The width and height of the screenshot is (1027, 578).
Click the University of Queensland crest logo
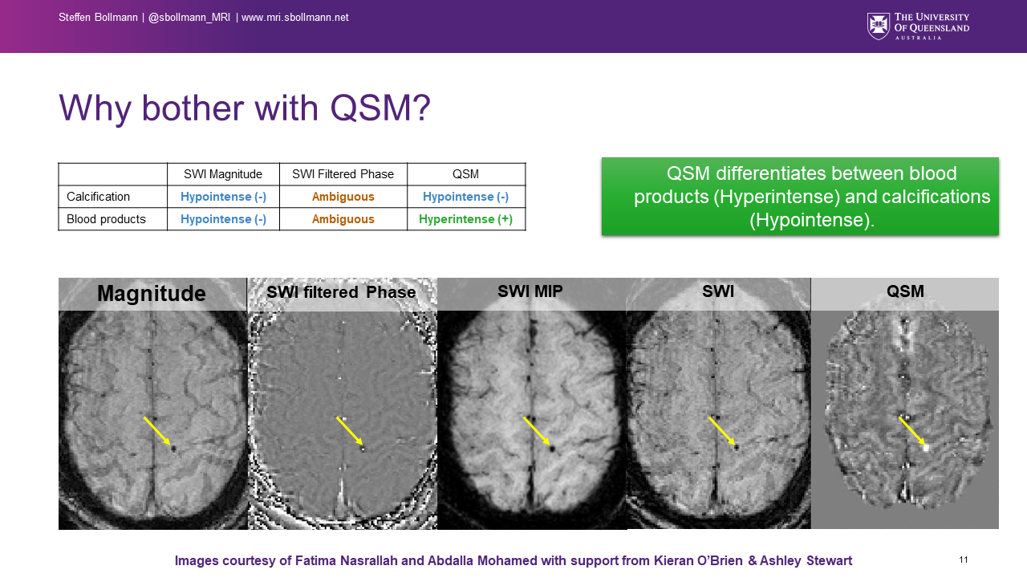coord(879,26)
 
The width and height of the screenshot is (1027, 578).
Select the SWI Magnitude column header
coord(223,174)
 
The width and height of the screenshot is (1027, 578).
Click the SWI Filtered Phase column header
coord(343,174)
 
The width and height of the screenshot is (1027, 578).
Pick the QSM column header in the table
coord(465,174)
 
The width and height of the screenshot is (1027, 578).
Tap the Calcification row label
coord(98,197)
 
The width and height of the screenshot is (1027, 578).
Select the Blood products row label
coord(106,219)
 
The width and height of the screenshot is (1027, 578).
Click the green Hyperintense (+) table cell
coord(465,219)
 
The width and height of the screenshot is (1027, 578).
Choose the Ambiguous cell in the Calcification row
coord(343,197)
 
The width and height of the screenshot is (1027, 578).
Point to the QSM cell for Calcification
coord(465,197)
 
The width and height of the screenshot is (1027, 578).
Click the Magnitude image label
coord(151,294)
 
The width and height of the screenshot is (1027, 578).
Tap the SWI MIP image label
coord(530,292)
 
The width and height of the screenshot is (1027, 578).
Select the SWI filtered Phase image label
coord(341,292)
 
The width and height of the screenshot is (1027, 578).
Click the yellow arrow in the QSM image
coord(911,430)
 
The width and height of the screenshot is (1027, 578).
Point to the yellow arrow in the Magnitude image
coord(157,431)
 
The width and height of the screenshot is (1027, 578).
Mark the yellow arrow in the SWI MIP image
coord(536,430)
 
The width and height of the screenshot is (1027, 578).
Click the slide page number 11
coord(964,560)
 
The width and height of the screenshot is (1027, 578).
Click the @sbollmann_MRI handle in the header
coord(189,18)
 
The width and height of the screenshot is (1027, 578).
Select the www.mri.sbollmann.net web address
coord(295,18)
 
